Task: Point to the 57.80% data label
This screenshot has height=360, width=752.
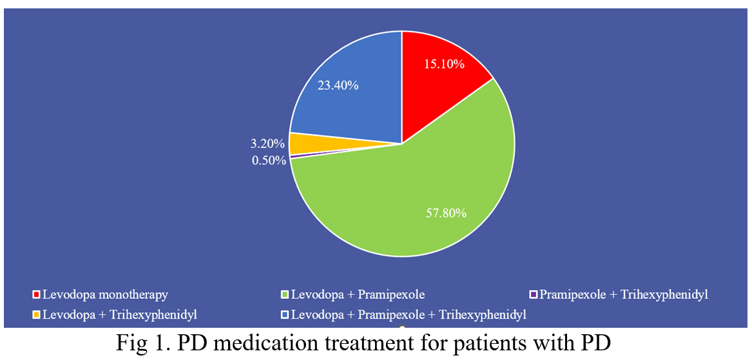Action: [445, 213]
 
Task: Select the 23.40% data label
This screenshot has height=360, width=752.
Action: [338, 85]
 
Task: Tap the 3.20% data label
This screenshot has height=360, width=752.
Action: [268, 143]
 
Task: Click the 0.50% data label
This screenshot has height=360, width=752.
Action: [269, 160]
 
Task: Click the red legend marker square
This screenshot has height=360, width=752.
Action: [36, 295]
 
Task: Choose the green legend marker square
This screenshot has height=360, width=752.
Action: [285, 295]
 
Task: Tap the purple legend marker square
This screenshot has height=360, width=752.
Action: [533, 295]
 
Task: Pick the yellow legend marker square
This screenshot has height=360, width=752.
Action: [36, 315]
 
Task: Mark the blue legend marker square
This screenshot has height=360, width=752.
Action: [285, 315]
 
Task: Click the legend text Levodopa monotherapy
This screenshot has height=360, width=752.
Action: [105, 295]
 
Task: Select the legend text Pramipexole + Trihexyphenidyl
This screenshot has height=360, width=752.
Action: [624, 295]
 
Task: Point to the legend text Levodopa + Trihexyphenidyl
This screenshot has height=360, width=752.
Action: [119, 315]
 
